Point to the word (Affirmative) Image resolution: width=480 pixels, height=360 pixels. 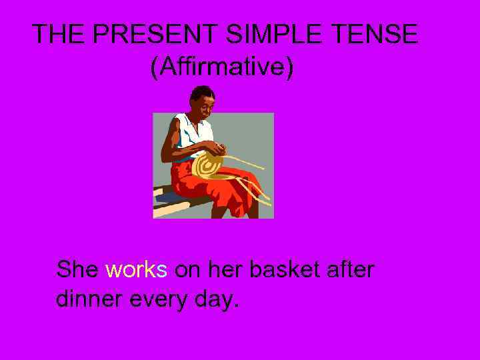[x=221, y=67]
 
